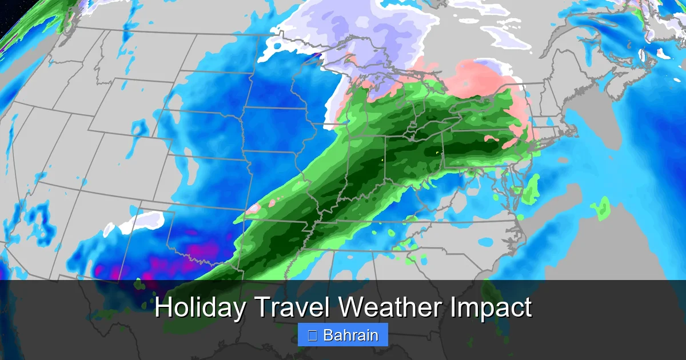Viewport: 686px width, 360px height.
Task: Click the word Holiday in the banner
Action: pos(201,308)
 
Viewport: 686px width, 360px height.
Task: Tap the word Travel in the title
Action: pos(292,308)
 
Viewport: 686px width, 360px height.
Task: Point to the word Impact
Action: pos(491,308)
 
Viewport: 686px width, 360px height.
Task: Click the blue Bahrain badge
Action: pos(343,335)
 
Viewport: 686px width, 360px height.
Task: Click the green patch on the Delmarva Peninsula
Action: pos(532,189)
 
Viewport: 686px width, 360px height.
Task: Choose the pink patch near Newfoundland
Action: pos(663,53)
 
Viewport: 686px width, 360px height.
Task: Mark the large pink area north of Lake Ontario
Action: pos(480,80)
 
